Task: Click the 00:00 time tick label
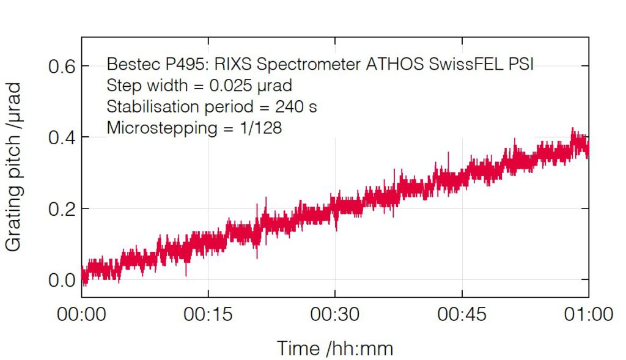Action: tap(81, 314)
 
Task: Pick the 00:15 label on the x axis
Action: tap(208, 314)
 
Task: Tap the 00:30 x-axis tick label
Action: tap(335, 314)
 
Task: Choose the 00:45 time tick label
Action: tap(462, 314)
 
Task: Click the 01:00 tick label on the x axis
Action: tap(589, 314)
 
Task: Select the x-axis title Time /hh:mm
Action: tap(335, 348)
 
